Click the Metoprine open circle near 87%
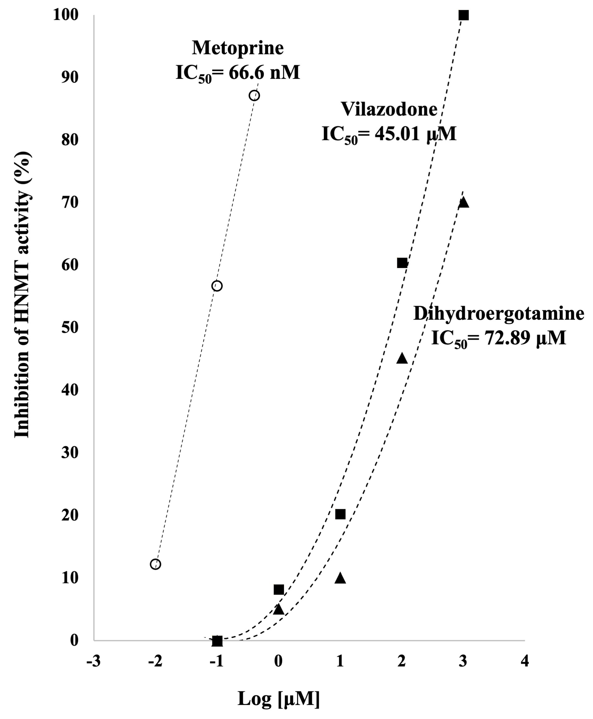click(254, 95)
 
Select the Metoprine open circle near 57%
click(217, 286)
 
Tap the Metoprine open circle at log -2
click(155, 564)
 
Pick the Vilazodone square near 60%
click(402, 263)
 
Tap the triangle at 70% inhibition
click(464, 202)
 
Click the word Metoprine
click(238, 48)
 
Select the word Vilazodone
click(389, 109)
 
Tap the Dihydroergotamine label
click(499, 313)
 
